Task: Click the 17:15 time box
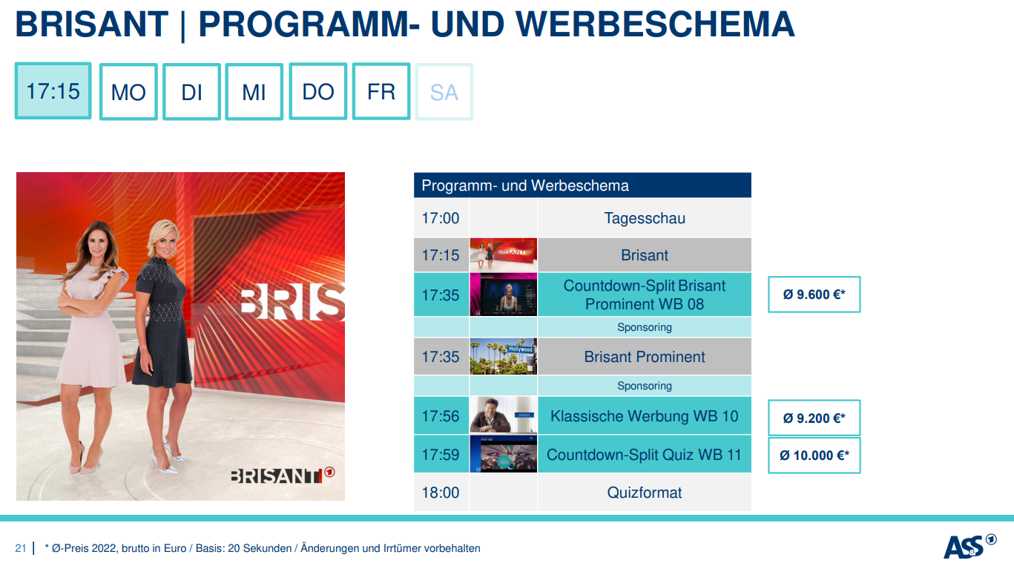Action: (53, 91)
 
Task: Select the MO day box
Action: (128, 92)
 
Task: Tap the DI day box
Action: (191, 92)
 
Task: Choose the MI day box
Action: (254, 92)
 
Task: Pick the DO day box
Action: (317, 91)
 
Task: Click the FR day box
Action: (381, 91)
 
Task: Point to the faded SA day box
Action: (444, 92)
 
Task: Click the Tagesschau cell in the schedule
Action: (645, 218)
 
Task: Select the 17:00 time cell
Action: (441, 218)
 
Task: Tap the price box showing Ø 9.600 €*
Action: (814, 294)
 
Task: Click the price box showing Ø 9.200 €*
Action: (814, 418)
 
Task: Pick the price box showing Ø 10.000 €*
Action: (814, 455)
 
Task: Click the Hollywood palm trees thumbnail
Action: (504, 356)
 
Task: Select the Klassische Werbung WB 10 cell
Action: (645, 415)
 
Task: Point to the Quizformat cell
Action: (645, 493)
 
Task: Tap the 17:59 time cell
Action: (441, 454)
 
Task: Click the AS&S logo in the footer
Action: (969, 546)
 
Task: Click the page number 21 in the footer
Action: (20, 548)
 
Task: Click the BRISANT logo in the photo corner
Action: (283, 475)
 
